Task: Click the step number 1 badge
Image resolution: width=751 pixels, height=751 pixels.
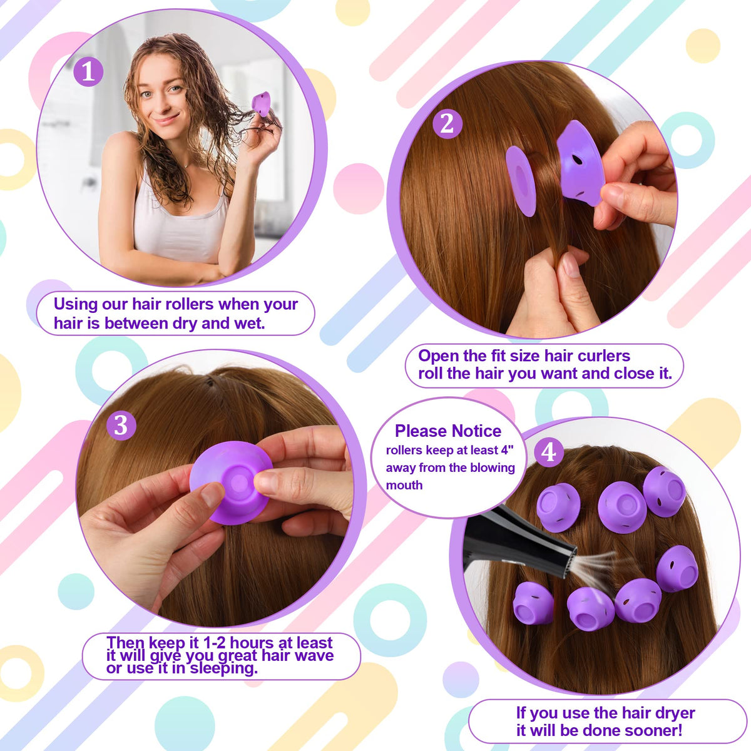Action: coord(88,72)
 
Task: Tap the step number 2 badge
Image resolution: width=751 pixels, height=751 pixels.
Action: coord(447,125)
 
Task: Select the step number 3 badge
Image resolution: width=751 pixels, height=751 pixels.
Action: coord(121,425)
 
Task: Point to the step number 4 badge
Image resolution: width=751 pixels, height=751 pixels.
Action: coord(549,452)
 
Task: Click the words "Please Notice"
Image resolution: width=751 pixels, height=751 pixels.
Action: coord(448,431)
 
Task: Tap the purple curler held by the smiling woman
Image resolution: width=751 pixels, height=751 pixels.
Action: coord(261,104)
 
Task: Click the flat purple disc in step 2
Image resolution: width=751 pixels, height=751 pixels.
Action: coord(521,181)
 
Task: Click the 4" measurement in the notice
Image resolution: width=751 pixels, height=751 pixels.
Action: coord(508,450)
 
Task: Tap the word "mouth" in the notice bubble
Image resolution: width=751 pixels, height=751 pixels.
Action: coord(404,485)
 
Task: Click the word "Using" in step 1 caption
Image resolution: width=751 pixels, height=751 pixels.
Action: coord(76,304)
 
